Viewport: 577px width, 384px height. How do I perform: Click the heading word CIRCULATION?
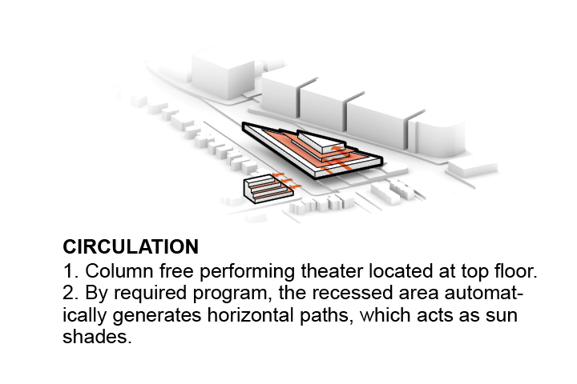pyautogui.click(x=131, y=246)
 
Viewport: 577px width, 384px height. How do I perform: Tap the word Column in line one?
pyautogui.click(x=119, y=271)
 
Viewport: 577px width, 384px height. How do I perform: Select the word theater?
pyautogui.click(x=332, y=271)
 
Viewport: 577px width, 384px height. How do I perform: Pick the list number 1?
pyautogui.click(x=70, y=271)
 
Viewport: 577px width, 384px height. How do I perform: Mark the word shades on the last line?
pyautogui.click(x=97, y=336)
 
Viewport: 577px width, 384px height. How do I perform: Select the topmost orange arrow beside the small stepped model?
pyautogui.click(x=278, y=174)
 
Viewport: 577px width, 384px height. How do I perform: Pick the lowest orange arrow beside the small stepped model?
pyautogui.click(x=297, y=186)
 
